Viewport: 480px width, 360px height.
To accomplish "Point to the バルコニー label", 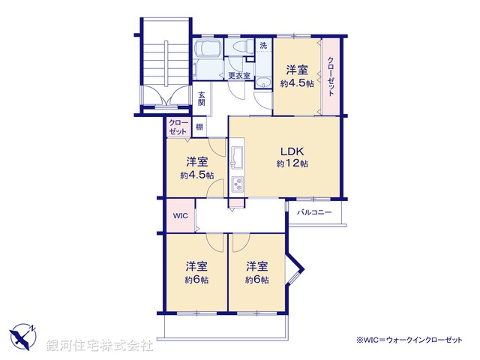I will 314,212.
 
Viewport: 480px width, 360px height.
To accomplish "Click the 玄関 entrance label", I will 202,98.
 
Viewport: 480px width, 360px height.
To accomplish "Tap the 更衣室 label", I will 238,75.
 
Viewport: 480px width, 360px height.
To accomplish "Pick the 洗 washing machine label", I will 263,46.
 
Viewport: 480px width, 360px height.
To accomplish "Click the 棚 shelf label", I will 199,127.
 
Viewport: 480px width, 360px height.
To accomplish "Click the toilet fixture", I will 241,47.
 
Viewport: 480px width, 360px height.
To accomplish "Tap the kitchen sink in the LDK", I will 238,157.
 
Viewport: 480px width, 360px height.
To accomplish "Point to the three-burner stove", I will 238,184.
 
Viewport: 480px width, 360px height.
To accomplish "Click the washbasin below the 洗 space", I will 264,82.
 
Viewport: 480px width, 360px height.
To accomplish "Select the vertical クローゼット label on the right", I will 331,75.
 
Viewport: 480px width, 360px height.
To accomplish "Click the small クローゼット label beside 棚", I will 178,127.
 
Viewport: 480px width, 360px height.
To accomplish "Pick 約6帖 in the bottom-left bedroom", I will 196,280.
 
